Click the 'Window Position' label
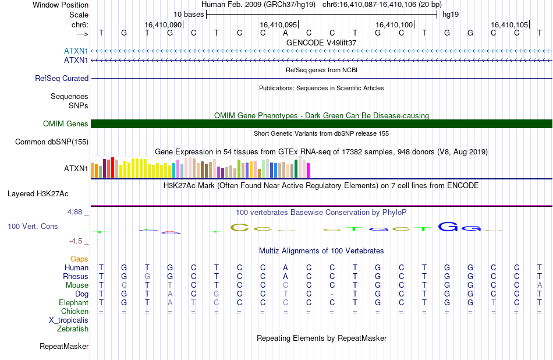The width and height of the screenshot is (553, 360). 61,5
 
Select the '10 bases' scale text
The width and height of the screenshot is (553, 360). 189,15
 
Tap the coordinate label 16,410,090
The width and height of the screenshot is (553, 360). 163,24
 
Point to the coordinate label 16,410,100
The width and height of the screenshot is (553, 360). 394,24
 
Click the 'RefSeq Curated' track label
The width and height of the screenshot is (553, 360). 62,79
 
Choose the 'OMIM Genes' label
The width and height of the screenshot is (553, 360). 66,124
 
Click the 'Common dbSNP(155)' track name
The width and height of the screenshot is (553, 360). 52,142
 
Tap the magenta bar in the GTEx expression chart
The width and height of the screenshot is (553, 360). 309,170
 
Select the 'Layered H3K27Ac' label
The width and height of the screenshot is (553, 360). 38,194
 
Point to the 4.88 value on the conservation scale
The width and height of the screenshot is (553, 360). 75,212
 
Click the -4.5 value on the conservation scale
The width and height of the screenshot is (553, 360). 76,241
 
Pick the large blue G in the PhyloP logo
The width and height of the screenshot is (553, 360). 448,227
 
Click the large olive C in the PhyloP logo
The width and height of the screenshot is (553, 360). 239,228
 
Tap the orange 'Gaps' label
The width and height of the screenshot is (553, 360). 79,259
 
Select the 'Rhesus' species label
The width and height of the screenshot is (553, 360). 76,276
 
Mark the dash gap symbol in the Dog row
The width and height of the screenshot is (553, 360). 332,294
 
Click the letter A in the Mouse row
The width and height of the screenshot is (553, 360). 540,285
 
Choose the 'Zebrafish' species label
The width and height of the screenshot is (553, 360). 73,329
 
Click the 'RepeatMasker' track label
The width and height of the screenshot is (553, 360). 64,347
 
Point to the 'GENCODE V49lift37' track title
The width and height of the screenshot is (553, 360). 321,43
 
